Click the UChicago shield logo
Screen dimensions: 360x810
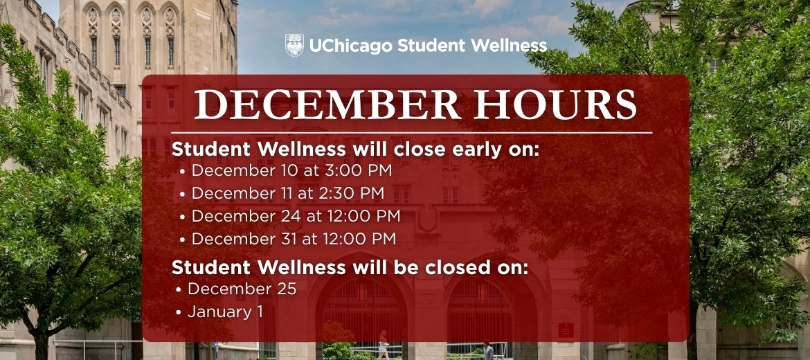point(294,46)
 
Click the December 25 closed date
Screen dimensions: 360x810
point(242,289)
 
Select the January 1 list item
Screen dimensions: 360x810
point(225,312)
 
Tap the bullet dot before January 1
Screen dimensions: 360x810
point(179,313)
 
